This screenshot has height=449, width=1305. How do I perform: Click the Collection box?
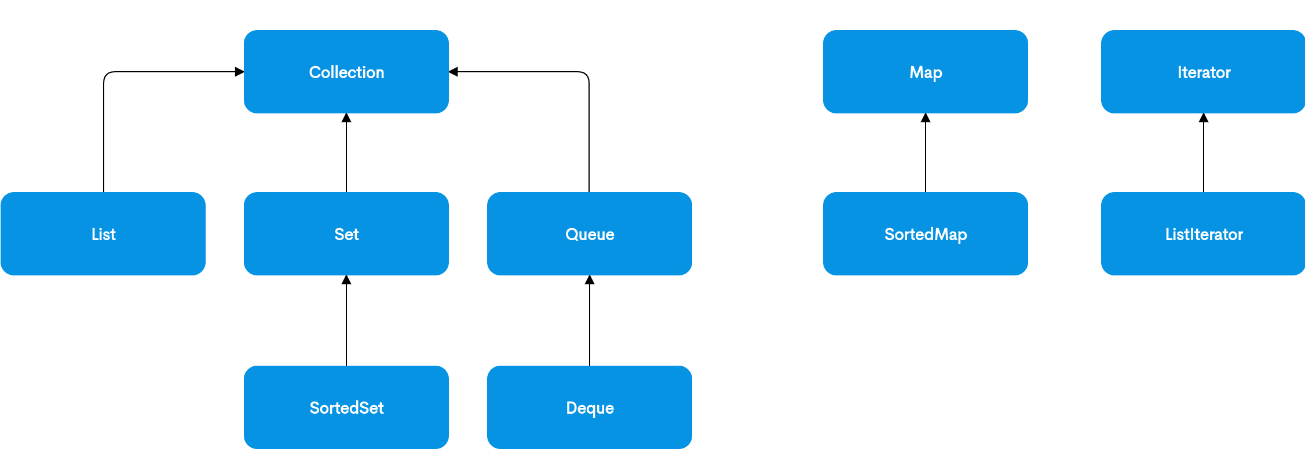(346, 72)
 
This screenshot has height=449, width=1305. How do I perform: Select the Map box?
(926, 72)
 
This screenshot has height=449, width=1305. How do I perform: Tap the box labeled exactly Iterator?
(1203, 72)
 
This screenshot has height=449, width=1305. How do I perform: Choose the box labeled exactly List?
(103, 234)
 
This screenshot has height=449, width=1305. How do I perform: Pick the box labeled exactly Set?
(346, 234)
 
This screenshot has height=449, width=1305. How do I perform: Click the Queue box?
(590, 234)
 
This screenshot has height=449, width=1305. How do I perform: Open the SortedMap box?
(926, 234)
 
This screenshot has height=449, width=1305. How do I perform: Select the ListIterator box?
(1203, 234)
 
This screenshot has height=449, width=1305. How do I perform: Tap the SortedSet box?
(346, 407)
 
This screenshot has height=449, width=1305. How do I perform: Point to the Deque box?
(590, 407)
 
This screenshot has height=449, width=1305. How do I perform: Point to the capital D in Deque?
(572, 408)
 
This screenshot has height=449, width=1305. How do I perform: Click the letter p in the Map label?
(938, 74)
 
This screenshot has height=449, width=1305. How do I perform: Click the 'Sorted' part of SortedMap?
(909, 234)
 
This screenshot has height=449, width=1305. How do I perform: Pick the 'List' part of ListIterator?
(1176, 234)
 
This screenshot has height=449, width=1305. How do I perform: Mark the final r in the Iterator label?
(1228, 73)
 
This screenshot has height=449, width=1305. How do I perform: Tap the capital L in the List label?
(95, 234)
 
